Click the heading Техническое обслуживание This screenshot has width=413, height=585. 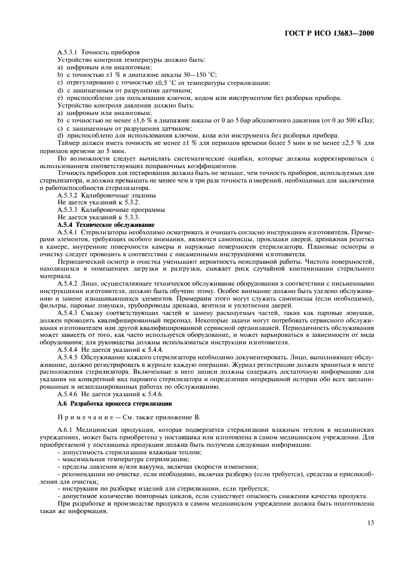tap(109, 224)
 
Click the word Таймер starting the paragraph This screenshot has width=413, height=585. tap(67, 143)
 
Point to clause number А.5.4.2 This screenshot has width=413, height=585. tap(69, 283)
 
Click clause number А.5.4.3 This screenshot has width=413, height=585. tap(69, 312)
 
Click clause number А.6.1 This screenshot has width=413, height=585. tap(65, 431)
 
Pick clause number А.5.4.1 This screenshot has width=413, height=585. tap(69, 231)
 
